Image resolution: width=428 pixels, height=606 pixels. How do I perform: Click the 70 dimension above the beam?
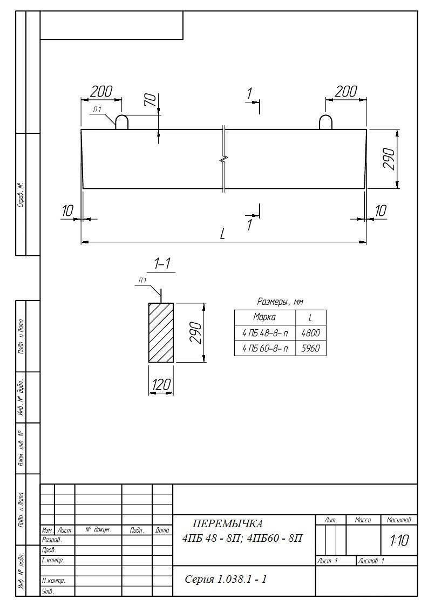click(152, 100)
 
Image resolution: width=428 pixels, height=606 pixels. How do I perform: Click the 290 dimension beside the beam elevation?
click(389, 159)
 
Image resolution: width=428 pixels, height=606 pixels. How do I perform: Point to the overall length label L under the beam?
click(222, 234)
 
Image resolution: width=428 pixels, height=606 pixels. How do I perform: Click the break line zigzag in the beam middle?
click(224, 159)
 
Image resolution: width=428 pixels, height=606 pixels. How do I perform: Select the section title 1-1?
click(162, 263)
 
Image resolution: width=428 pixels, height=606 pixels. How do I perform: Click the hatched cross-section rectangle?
click(161, 333)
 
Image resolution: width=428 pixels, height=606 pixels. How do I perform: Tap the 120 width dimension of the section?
click(161, 385)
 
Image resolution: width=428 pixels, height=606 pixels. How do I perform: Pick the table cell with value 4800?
click(310, 333)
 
